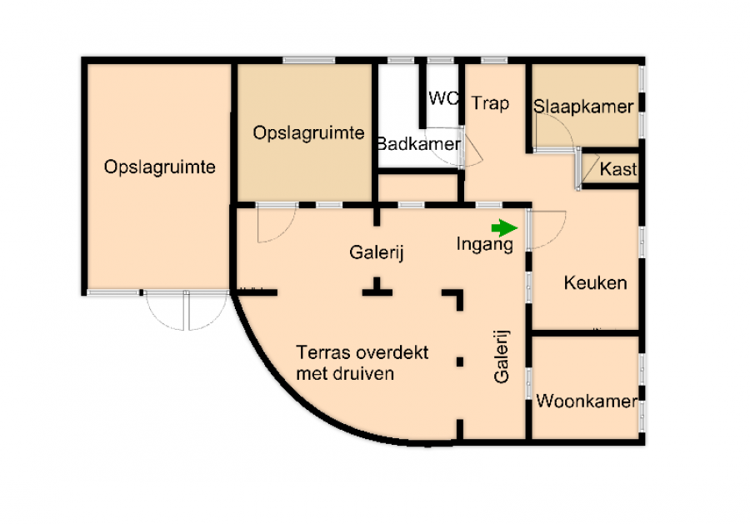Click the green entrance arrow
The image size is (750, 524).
click(x=505, y=228)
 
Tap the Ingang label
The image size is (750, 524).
click(x=484, y=244)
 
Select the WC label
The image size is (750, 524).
click(x=444, y=98)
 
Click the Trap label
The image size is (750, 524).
click(x=490, y=103)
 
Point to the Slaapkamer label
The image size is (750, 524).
click(x=583, y=107)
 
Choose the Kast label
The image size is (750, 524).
click(x=618, y=169)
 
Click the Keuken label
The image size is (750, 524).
click(x=595, y=282)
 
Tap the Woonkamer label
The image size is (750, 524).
click(x=587, y=401)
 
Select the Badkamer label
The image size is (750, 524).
click(x=419, y=143)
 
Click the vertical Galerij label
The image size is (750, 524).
click(x=502, y=357)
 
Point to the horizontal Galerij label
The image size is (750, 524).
click(x=377, y=252)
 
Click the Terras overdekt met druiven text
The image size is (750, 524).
click(x=362, y=363)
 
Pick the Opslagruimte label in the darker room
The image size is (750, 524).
click(x=308, y=133)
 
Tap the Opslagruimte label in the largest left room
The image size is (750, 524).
click(x=160, y=167)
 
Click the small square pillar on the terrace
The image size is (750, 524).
click(x=460, y=362)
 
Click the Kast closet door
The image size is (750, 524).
click(x=590, y=168)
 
